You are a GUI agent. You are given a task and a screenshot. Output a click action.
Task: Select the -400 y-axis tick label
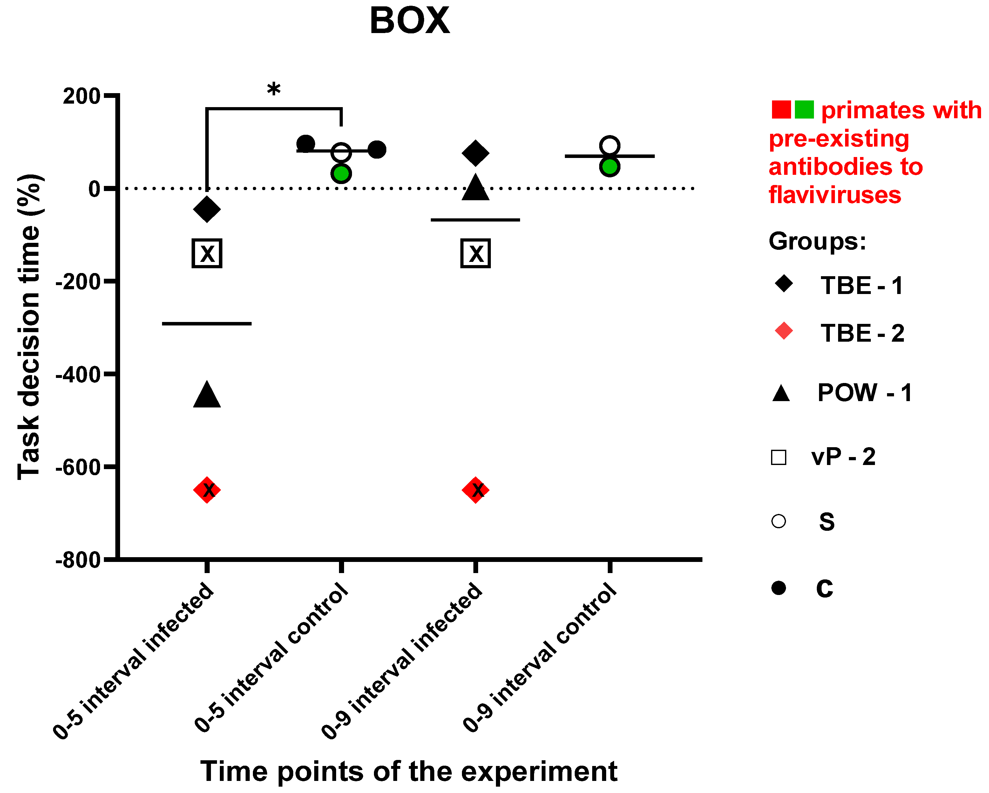tap(78, 374)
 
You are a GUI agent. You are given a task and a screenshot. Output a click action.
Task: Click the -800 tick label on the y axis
tap(78, 560)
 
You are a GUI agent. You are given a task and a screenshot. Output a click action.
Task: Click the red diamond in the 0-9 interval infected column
tap(476, 490)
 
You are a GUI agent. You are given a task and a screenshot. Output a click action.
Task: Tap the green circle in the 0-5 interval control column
tap(341, 174)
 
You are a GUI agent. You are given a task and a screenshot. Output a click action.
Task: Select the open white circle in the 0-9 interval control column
tap(610, 146)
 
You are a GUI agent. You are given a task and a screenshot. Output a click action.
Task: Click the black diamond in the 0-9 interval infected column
tap(476, 153)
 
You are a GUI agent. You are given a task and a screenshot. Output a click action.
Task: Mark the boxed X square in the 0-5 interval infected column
tap(207, 253)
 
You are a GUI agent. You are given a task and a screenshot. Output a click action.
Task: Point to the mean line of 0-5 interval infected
tap(207, 324)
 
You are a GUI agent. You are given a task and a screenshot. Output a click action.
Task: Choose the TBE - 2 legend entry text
tap(862, 333)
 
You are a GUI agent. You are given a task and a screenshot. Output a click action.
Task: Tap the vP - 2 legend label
tap(843, 457)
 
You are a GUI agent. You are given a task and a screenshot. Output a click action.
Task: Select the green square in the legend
tap(804, 110)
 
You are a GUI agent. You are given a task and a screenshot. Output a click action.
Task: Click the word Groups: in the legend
tap(817, 241)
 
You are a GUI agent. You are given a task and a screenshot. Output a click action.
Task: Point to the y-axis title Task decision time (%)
tap(29, 327)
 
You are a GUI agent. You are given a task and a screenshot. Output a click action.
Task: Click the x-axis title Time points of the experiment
tap(409, 771)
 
